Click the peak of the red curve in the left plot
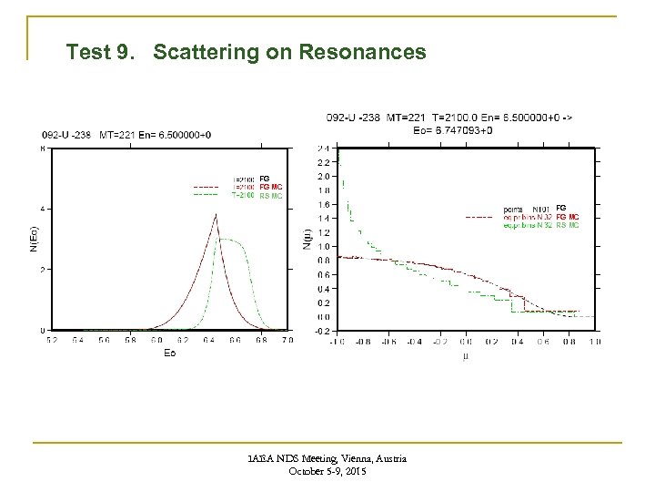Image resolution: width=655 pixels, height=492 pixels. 216,215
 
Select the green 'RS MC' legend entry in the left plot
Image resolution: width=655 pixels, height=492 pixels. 271,195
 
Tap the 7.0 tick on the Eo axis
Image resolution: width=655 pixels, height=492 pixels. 287,340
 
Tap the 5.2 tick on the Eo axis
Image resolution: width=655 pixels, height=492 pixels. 52,340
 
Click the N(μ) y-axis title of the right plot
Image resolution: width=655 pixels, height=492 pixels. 307,239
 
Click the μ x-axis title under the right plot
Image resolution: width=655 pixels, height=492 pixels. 465,354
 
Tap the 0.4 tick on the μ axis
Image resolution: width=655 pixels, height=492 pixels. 517,342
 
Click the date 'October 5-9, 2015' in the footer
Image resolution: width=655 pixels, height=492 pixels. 326,471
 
